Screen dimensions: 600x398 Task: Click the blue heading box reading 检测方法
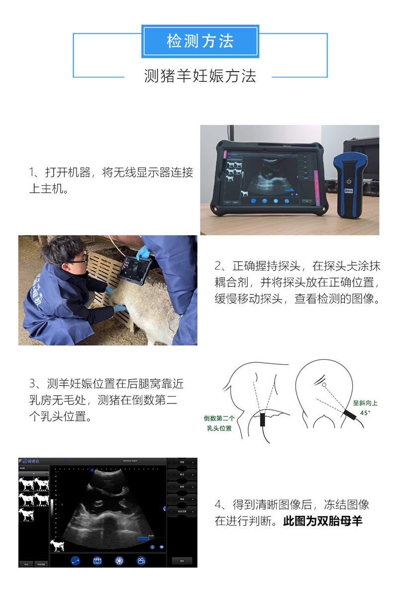pos(200,41)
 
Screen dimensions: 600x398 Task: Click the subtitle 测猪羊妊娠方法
pos(200,76)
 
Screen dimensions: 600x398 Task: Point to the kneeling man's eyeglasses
pos(78,259)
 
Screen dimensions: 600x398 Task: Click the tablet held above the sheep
pos(134,269)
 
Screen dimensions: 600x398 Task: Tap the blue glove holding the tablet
pos(143,252)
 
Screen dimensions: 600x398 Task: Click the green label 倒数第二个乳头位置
pos(219,423)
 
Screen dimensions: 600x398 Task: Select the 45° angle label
pos(365,412)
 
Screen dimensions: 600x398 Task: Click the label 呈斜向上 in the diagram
pos(365,403)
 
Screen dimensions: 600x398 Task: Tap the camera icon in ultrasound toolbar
pos(98,561)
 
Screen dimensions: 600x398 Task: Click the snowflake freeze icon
pos(119,561)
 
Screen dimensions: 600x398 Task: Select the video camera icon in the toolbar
pos(141,561)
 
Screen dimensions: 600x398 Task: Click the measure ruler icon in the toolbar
pos(76,561)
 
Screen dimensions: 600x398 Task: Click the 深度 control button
pos(182,463)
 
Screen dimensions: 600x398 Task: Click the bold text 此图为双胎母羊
pos(323,521)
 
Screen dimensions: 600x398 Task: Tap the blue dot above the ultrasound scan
pos(92,469)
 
